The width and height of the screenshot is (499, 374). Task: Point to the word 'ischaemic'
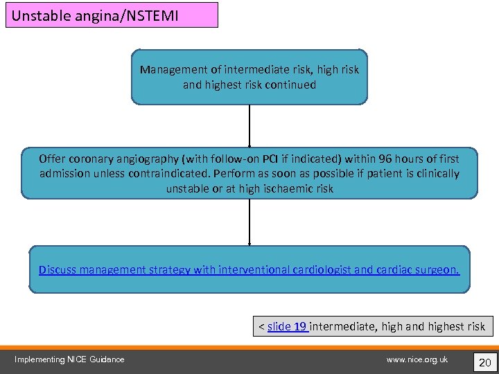click(x=287, y=188)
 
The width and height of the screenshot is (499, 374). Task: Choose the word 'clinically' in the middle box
click(x=435, y=174)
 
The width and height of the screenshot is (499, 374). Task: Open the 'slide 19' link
click(x=287, y=326)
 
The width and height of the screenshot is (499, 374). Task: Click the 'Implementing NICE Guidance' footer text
click(x=69, y=359)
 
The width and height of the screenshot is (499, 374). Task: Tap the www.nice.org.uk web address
click(x=417, y=359)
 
